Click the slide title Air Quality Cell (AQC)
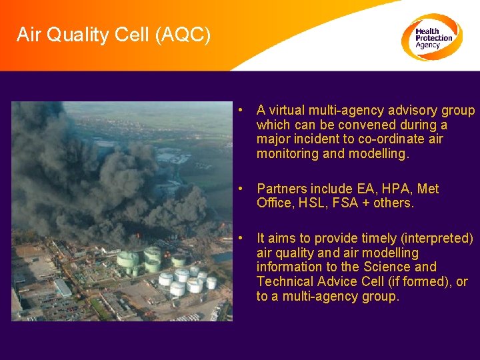tap(113, 34)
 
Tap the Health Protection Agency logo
tap(431, 37)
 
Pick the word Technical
tap(285, 282)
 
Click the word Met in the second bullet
tap(428, 189)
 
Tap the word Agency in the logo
tap(428, 45)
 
